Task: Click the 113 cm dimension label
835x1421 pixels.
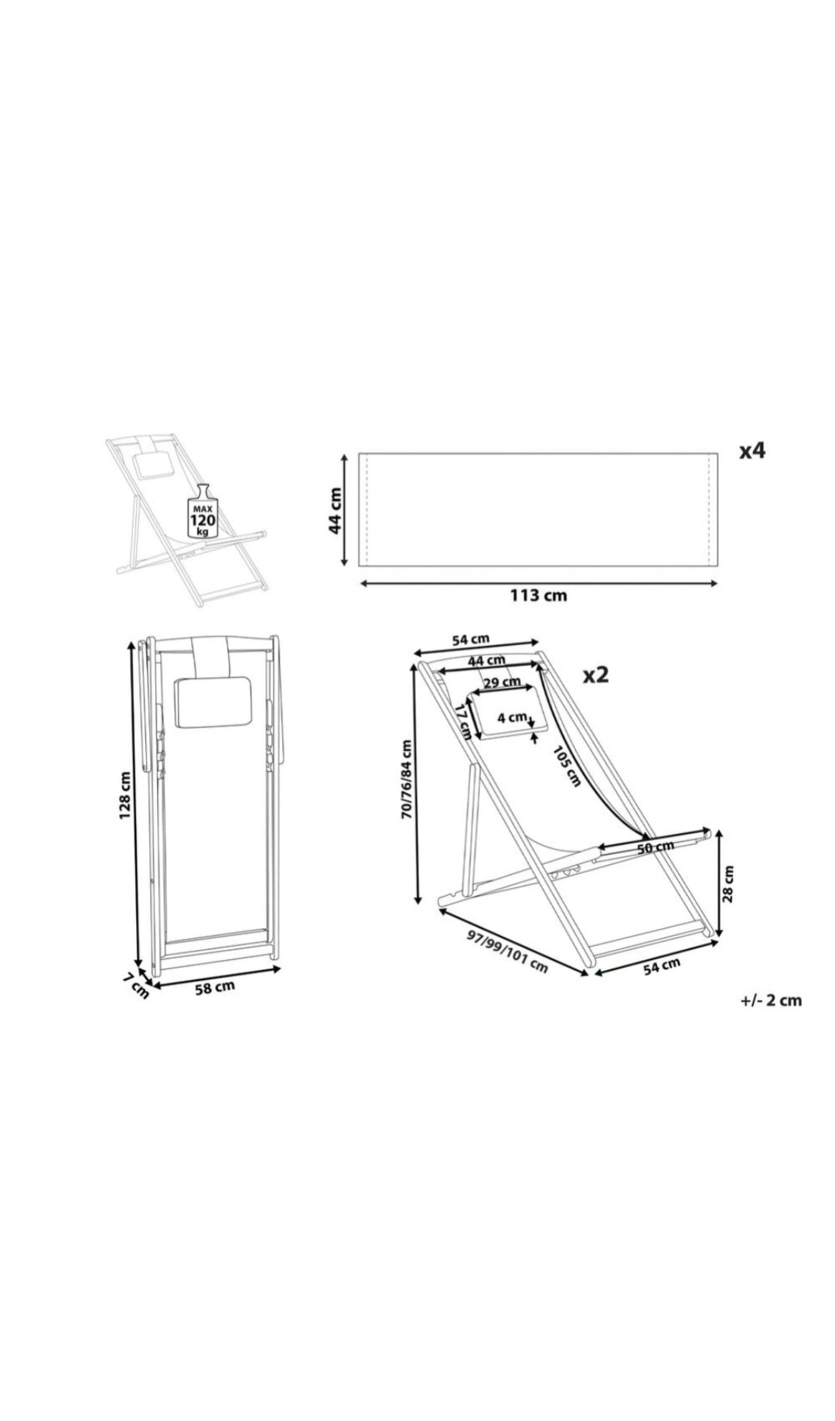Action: [x=537, y=596]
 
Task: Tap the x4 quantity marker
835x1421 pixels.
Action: [x=751, y=450]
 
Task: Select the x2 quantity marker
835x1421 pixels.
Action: [x=595, y=675]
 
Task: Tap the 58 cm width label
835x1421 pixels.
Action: [x=214, y=987]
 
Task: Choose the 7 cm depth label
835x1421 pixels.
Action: [x=137, y=985]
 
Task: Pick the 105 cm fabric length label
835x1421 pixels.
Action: [x=567, y=765]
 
